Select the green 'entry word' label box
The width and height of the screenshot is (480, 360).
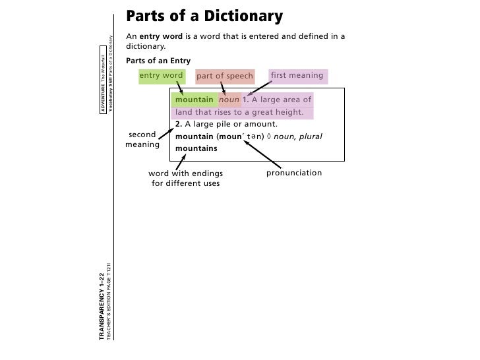(x=161, y=76)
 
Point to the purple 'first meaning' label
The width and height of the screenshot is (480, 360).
(x=296, y=76)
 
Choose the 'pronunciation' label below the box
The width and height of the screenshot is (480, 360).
(x=294, y=173)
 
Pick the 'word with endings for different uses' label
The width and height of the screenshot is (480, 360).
(x=185, y=178)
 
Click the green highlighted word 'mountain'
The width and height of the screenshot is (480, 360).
(x=194, y=100)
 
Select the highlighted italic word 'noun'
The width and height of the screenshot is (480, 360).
(x=229, y=100)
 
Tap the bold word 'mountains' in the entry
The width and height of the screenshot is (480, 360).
(x=196, y=149)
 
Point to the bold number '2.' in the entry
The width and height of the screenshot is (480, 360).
(x=179, y=124)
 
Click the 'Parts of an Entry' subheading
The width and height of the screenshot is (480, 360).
(x=158, y=61)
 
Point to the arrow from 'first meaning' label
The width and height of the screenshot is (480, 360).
(x=259, y=92)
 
